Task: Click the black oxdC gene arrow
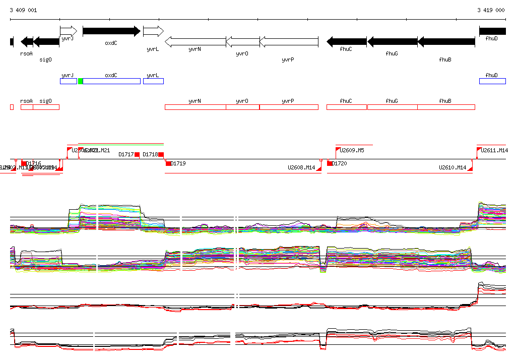coord(111,31)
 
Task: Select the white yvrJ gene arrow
coord(68,31)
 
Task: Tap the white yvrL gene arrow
coord(153,31)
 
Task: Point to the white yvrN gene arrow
coord(195,42)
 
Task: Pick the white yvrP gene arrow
coord(289,42)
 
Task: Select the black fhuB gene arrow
coord(446,42)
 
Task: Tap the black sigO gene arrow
coord(46,42)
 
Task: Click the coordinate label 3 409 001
coord(23,10)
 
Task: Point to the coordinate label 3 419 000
coord(491,10)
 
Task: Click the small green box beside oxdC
coord(80,81)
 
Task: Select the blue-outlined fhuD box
coord(492,81)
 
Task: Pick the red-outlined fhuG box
coord(392,107)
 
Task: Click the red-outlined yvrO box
coord(242,107)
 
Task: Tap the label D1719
coord(178,164)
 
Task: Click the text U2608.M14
coord(301,168)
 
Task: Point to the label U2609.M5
coord(352,150)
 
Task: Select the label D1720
coord(340,164)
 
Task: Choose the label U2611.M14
coord(494,150)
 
